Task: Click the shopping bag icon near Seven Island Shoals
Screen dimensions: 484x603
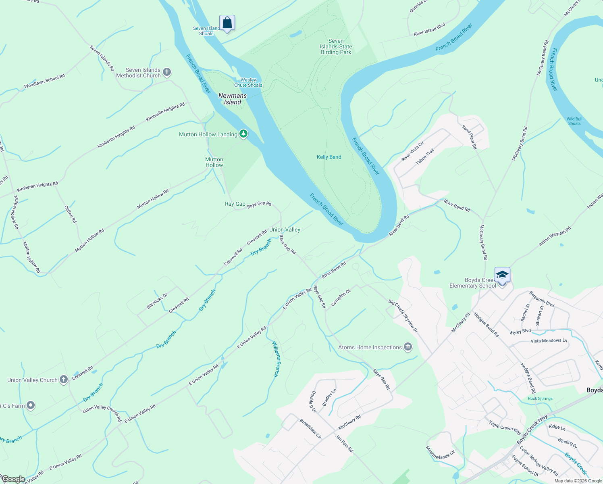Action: [227, 23]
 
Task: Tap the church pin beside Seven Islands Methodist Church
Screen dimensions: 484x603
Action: [167, 72]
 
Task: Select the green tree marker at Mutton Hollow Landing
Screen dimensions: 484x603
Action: [243, 134]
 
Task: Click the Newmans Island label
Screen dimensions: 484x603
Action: [233, 99]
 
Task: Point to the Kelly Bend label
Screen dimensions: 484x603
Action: [329, 157]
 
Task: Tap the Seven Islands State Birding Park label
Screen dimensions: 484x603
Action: [336, 46]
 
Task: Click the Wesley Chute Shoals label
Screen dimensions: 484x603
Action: [248, 83]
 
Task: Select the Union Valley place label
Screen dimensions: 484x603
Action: [285, 229]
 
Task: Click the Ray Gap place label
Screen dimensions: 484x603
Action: [235, 204]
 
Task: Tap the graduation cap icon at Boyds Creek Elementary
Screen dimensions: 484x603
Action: [502, 275]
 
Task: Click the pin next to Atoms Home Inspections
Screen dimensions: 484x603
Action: [408, 347]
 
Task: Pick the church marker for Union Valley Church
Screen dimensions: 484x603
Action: [64, 380]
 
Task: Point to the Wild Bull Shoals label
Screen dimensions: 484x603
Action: [574, 121]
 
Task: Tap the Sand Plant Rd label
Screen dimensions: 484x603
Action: [469, 137]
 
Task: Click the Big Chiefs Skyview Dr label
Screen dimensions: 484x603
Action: [403, 316]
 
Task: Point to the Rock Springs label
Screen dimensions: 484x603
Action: [540, 398]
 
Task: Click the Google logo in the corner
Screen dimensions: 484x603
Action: [13, 479]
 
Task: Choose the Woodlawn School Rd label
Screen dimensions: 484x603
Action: [44, 81]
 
